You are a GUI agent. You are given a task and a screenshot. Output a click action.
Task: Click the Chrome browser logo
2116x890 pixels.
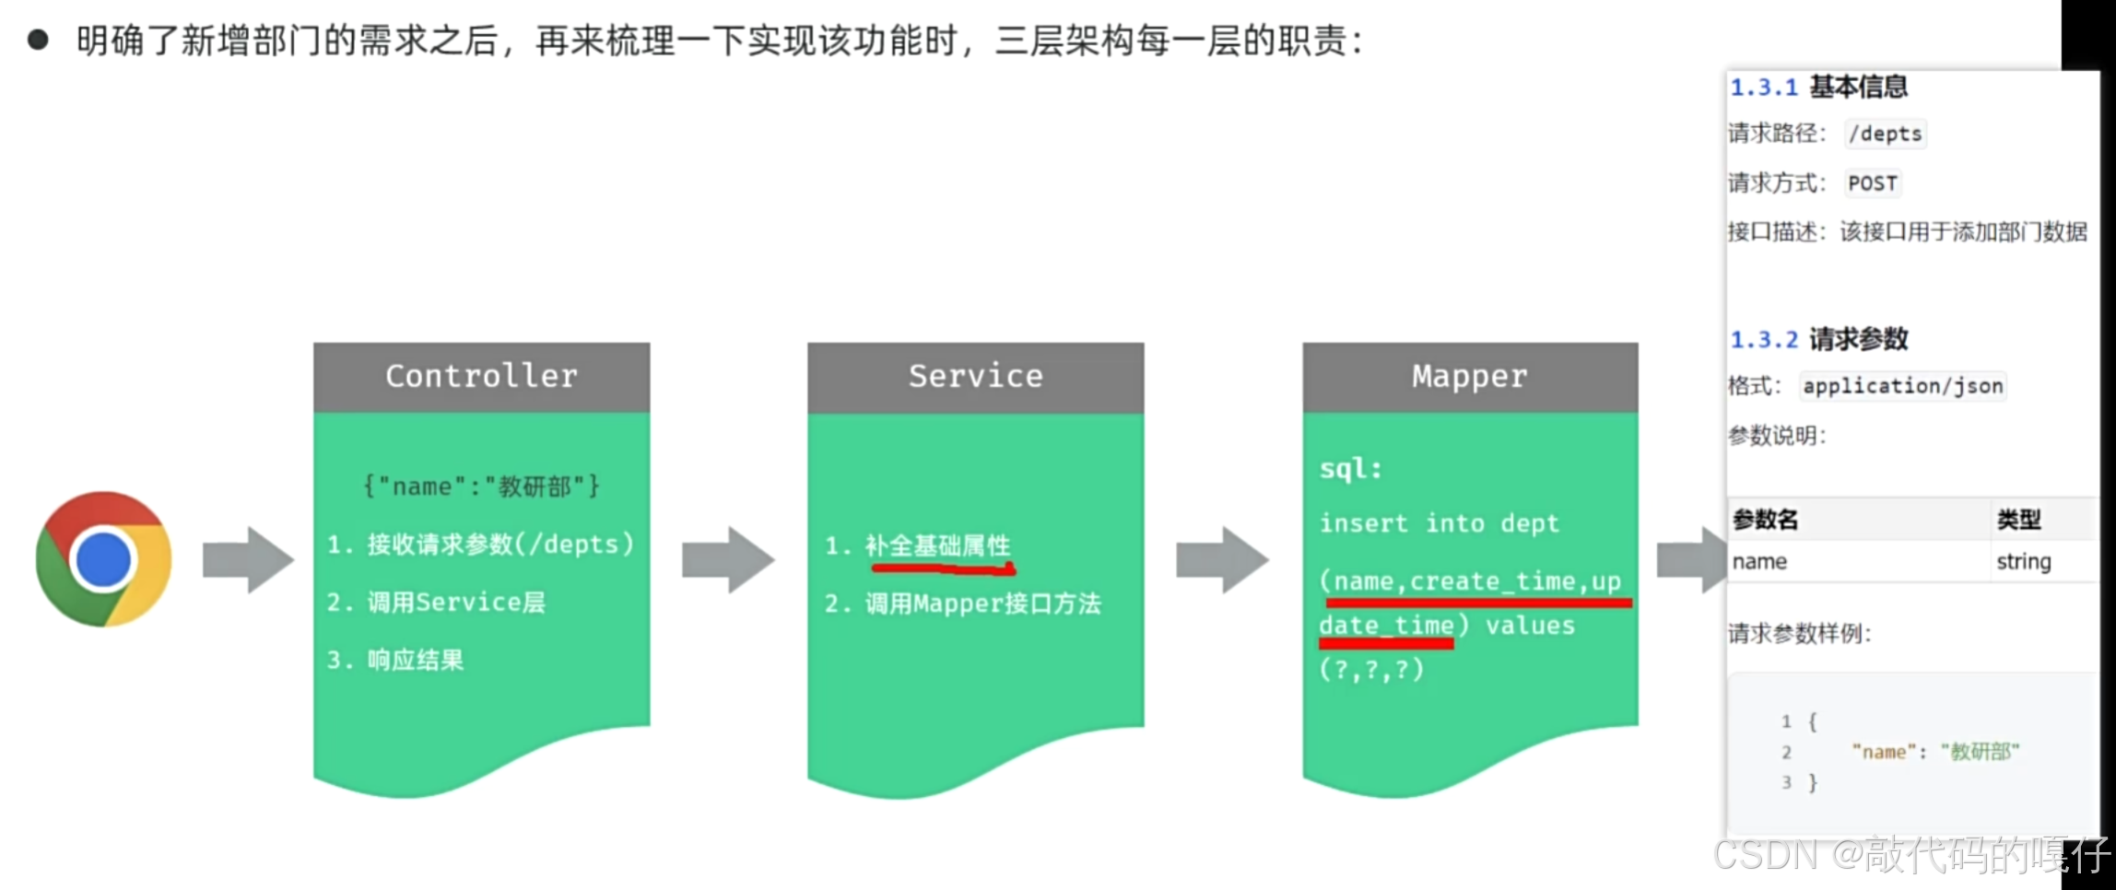[x=104, y=558]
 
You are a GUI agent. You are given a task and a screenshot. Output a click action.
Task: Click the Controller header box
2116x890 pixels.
[x=481, y=376]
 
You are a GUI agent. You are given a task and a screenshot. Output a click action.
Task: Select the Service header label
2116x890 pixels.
[x=975, y=376]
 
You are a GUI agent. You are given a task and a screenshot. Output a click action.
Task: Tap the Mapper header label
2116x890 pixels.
[x=1470, y=376]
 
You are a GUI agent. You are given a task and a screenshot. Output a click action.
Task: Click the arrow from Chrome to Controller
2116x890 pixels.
[x=248, y=559]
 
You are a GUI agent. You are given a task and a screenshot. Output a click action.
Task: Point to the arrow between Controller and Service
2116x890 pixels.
[x=728, y=559]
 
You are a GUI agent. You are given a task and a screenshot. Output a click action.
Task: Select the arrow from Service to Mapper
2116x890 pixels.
[x=1222, y=559]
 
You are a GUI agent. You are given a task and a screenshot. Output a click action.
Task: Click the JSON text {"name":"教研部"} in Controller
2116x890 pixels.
[x=481, y=486]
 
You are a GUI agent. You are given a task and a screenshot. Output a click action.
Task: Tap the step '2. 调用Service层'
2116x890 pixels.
[x=436, y=603]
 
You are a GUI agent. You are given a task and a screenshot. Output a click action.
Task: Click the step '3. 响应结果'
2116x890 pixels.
[x=395, y=660]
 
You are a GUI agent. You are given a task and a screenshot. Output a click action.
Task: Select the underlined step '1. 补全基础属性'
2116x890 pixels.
[x=919, y=545]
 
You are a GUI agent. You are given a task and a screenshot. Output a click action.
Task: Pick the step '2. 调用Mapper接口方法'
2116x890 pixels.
[x=962, y=603]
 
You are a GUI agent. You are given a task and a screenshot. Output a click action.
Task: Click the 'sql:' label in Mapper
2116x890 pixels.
[x=1351, y=469]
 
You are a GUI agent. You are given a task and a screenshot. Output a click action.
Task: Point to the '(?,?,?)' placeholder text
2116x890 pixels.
[x=1371, y=669]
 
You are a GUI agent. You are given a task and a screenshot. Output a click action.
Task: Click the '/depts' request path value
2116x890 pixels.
[x=1886, y=134]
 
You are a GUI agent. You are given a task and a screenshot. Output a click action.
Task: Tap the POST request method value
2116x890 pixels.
[x=1873, y=183]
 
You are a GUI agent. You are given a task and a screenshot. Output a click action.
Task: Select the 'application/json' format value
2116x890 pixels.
[x=1903, y=386]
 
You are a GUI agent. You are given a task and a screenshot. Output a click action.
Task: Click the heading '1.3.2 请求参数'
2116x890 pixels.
[x=1818, y=339]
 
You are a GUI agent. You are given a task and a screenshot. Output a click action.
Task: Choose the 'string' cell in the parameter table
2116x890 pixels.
[x=2024, y=561]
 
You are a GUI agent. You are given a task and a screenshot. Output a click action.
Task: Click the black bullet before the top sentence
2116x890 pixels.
[x=38, y=40]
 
